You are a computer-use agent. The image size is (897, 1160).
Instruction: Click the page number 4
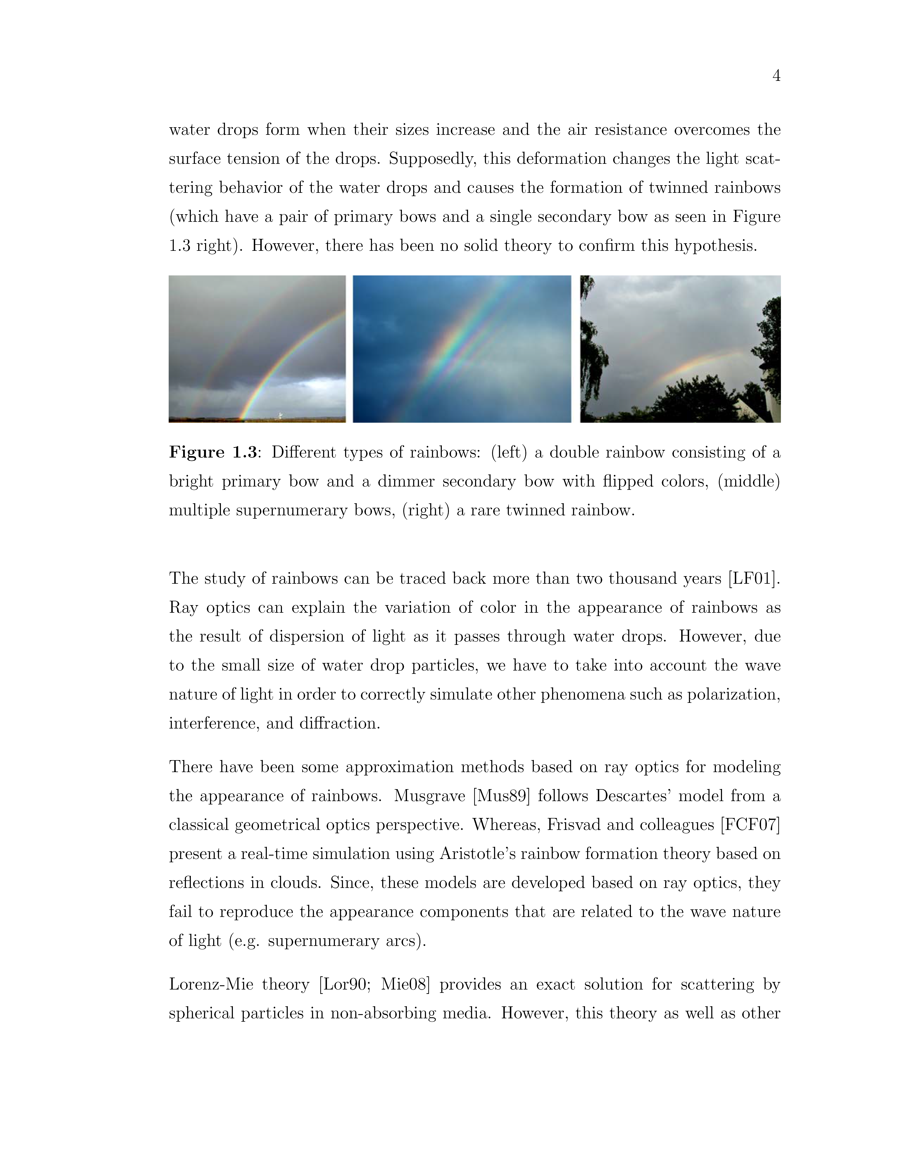776,76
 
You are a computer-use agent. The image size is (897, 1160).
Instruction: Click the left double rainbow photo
257,349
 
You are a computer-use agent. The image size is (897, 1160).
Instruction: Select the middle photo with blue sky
462,349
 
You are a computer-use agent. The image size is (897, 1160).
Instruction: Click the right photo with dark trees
680,349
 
